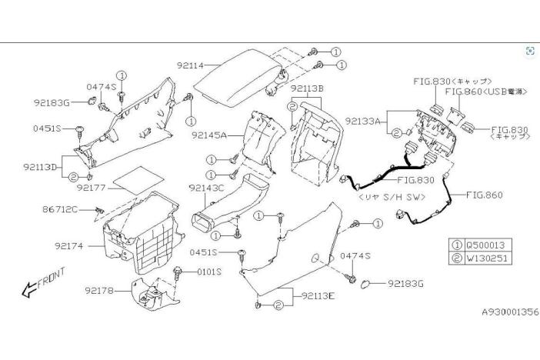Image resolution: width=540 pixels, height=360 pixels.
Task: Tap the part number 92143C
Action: pyautogui.click(x=205, y=187)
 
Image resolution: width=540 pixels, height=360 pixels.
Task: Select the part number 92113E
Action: pyautogui.click(x=319, y=295)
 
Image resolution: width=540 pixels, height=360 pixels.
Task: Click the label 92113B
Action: pyautogui.click(x=307, y=88)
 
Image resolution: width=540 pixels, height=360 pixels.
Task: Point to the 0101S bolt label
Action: pyautogui.click(x=208, y=271)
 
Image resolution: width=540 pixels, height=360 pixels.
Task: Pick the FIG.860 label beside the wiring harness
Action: pyautogui.click(x=484, y=195)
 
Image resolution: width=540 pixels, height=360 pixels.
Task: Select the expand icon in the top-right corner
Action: pyautogui.click(x=528, y=51)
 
